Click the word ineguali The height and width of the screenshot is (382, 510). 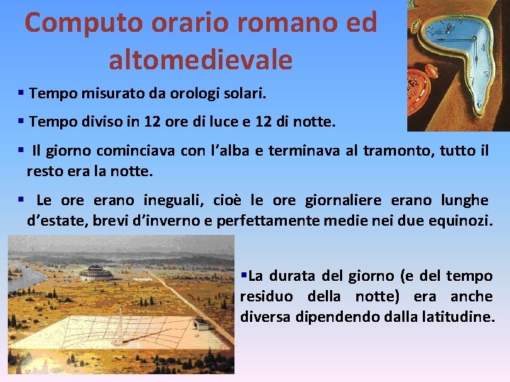(174, 200)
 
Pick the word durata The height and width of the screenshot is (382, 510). (292, 275)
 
